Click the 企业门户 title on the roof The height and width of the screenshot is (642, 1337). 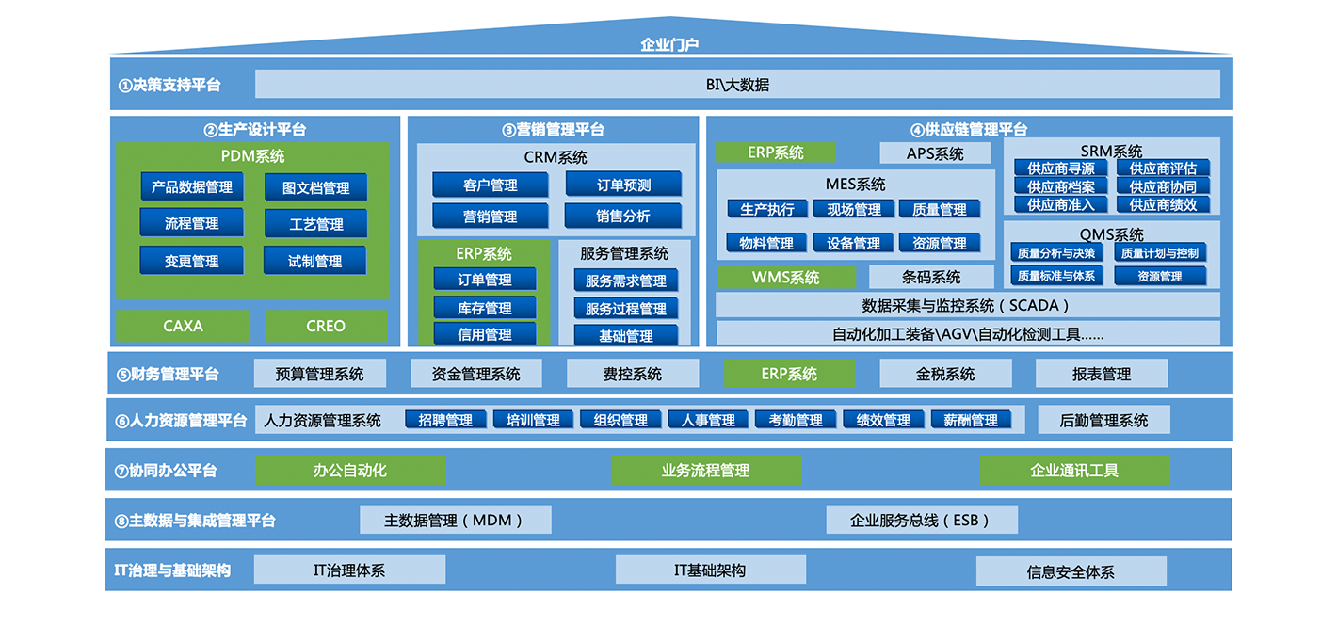(669, 44)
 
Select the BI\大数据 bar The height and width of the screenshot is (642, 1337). (737, 84)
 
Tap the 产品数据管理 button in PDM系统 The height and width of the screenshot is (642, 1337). (192, 186)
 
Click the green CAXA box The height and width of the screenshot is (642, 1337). (184, 326)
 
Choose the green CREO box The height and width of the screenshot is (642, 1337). (326, 326)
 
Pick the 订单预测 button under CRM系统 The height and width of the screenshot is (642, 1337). (623, 185)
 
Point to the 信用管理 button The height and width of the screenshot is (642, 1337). (485, 334)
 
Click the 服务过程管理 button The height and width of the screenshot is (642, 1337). (625, 309)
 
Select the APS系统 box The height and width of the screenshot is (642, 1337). (935, 153)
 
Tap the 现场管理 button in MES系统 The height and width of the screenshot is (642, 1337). (854, 209)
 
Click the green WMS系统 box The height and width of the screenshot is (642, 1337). (785, 277)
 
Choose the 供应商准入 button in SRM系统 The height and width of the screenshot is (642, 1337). (1060, 204)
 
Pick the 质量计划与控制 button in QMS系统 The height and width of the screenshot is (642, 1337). (1160, 253)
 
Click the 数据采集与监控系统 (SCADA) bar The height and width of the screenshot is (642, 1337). (967, 305)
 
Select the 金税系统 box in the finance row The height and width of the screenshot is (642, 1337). (945, 374)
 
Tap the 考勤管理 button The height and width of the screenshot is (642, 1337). (795, 420)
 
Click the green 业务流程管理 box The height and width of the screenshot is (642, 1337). (705, 470)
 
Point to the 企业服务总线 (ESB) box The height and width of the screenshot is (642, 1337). (922, 520)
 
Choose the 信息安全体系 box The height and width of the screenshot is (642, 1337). (1071, 571)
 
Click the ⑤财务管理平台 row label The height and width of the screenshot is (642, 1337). (168, 374)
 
